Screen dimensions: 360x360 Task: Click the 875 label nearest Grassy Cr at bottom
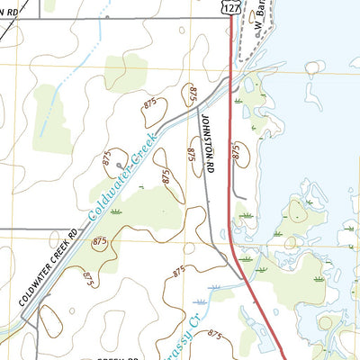[215, 335]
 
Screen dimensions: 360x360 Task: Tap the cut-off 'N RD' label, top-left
[11, 11]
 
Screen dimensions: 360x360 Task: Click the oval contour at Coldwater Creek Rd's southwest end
[49, 319]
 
